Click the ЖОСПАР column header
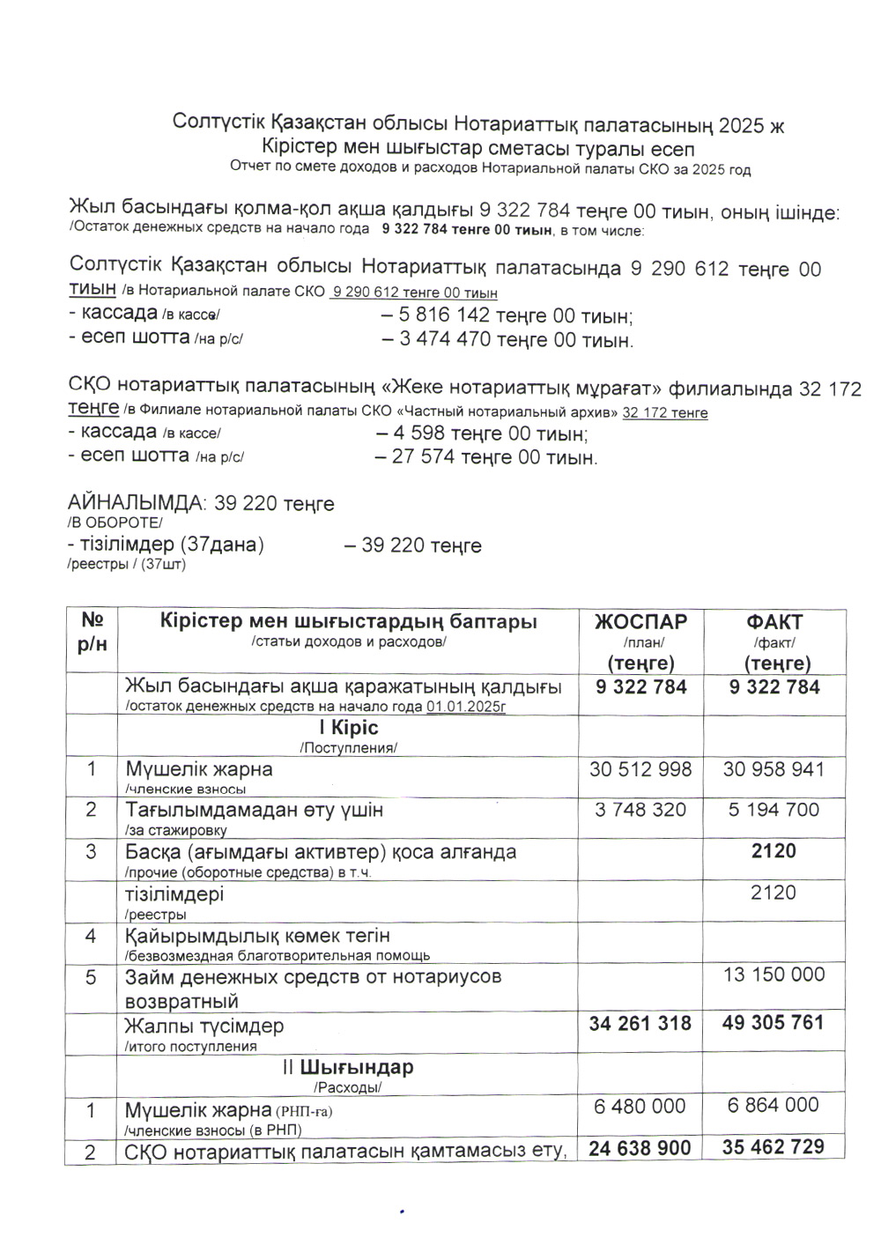click(x=640, y=622)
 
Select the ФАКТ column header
click(x=774, y=622)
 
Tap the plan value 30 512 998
click(x=640, y=770)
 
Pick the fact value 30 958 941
click(x=774, y=770)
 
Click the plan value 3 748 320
click(x=640, y=810)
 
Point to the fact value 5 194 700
click(x=774, y=810)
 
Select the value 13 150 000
click(x=774, y=975)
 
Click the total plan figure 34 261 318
click(x=640, y=1024)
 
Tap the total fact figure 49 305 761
click(x=774, y=1023)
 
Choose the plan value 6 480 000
click(x=640, y=1107)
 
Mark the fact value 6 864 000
click(x=774, y=1106)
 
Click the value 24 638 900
click(x=640, y=1148)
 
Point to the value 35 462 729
click(x=774, y=1147)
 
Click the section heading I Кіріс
click(x=349, y=728)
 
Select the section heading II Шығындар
click(x=348, y=1067)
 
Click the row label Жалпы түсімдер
click(x=204, y=1026)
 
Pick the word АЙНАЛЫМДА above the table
click(x=135, y=503)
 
